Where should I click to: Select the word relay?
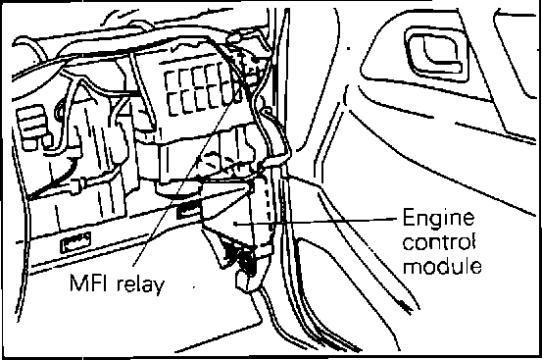pos(141,284)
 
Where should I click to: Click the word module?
pos(442,266)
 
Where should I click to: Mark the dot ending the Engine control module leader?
pos(235,224)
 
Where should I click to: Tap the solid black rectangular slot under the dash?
pos(188,211)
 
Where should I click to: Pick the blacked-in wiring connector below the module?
pos(242,258)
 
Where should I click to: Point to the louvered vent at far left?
pos(31,126)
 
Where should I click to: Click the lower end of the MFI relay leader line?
pos(133,266)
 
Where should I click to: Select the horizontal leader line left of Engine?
pos(316,222)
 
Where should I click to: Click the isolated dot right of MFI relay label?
pos(194,286)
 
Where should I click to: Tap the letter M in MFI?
pos(78,283)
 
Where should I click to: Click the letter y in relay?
pos(159,287)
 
